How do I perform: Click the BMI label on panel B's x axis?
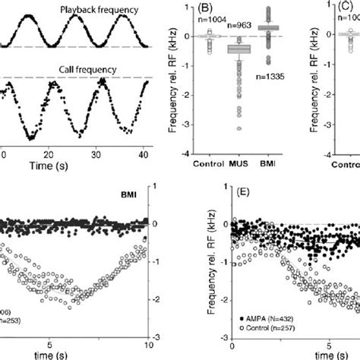[x=268, y=163]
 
